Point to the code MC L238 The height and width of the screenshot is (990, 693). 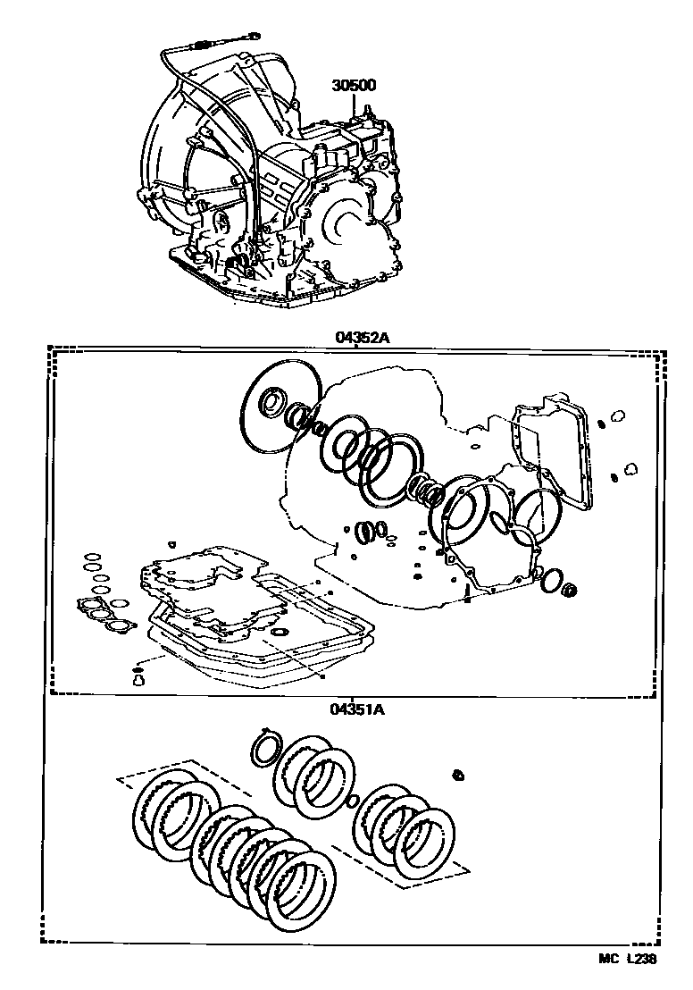(628, 958)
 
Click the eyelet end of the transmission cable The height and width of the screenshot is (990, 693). (254, 38)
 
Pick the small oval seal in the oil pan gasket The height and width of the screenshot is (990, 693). (280, 633)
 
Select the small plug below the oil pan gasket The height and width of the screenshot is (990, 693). (138, 681)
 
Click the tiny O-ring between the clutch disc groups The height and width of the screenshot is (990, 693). (353, 799)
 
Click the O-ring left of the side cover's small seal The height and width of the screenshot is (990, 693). (551, 578)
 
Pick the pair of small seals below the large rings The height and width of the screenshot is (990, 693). (373, 532)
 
